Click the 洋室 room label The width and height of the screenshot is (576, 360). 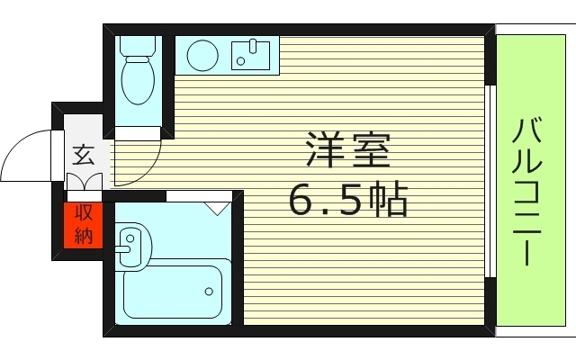pos(348,151)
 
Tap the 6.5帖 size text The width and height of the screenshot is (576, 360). pos(348,200)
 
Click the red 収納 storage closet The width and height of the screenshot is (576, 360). pos(84,225)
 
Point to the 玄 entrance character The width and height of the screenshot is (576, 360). pos(83,155)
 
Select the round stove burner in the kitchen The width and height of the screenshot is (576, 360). pos(203,57)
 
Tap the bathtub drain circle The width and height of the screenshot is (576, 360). pos(209,291)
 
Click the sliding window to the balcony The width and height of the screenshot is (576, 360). pos(491,180)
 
